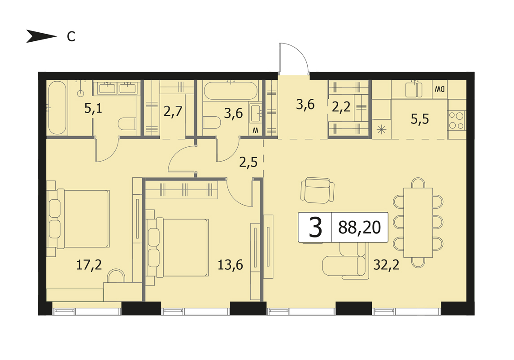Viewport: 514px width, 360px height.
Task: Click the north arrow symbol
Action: pos(42,36)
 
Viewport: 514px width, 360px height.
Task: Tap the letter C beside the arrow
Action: pos(71,36)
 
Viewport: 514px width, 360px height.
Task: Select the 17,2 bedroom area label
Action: pos(89,264)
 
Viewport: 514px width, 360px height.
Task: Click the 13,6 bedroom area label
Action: pos(231,264)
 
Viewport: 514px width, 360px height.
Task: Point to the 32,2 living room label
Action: pos(387,264)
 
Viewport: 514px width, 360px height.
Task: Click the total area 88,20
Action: pos(360,228)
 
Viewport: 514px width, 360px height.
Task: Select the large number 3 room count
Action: pos(315,228)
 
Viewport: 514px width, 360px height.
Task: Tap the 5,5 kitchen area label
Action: pos(420,119)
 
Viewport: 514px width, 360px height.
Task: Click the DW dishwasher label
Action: pos(440,89)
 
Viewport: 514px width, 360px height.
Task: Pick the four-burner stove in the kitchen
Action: pos(457,120)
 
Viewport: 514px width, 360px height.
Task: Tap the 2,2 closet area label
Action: pos(341,107)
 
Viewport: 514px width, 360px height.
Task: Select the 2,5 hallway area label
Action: pos(248,162)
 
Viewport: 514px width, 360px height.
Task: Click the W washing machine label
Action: pos(255,131)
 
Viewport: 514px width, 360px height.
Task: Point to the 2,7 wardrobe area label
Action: pos(173,112)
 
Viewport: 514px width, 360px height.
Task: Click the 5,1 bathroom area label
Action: pos(93,108)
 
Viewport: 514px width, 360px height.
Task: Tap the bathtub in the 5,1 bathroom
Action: pos(57,108)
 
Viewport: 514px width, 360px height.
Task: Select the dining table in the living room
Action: pos(418,223)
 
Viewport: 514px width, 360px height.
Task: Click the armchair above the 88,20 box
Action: pos(317,190)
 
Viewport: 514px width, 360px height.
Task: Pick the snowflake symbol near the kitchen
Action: pos(381,130)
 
